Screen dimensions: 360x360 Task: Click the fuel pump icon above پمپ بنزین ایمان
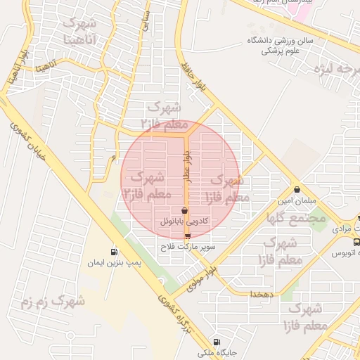tap(113, 252)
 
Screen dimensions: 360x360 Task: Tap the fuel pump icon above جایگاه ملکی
tap(216, 342)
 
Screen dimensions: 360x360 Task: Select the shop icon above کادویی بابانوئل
tap(184, 210)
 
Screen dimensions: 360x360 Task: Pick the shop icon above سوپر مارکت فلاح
tap(187, 236)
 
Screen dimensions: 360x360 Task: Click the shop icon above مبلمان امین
tap(298, 189)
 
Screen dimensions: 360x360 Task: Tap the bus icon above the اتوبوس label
tap(356, 241)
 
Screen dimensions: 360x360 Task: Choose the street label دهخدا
tap(255, 295)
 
